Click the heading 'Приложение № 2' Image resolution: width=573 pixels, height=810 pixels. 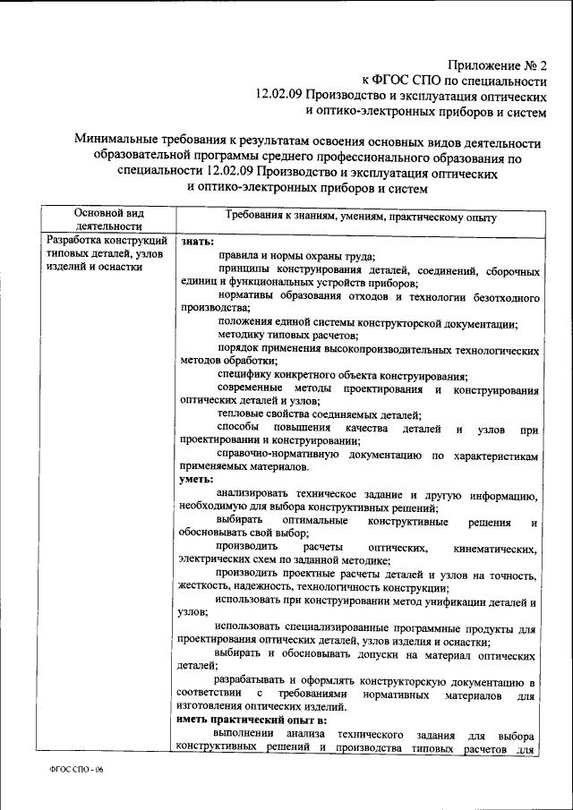tap(498, 65)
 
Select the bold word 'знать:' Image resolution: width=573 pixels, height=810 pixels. tap(197, 241)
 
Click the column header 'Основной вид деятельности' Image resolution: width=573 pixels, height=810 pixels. tap(108, 220)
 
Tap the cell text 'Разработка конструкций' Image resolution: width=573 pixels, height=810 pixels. tap(107, 241)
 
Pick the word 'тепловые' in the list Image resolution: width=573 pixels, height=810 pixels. tap(242, 414)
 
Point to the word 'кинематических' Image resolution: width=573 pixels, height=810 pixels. tap(496, 548)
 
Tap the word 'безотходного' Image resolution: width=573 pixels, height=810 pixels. tap(499, 295)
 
